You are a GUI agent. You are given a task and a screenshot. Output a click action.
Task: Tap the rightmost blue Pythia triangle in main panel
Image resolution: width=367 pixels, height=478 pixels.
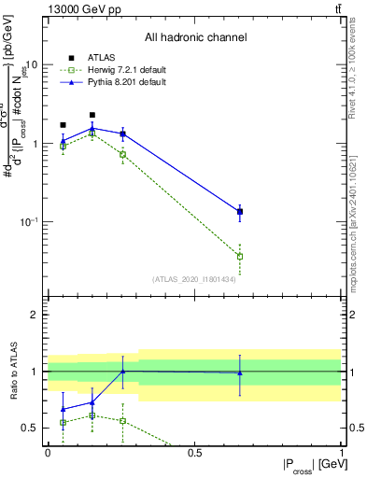coord(240,211)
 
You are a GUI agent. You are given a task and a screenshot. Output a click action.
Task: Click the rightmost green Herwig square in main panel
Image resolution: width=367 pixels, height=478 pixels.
coord(240,256)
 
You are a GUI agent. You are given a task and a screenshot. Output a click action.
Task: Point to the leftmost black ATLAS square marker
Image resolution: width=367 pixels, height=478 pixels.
coord(63,124)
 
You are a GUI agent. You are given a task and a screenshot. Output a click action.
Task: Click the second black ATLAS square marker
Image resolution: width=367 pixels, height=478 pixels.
coord(92,115)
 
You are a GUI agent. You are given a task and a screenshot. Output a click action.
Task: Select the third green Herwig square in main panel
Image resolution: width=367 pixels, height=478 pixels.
coord(122,154)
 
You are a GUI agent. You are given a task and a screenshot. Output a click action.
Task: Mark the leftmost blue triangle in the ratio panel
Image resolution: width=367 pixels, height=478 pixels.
coord(63,409)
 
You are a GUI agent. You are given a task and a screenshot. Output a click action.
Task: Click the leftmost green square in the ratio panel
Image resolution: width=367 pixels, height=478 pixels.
coord(63,422)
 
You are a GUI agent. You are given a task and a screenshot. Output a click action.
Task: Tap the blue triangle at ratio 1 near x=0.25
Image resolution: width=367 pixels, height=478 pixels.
coord(122,371)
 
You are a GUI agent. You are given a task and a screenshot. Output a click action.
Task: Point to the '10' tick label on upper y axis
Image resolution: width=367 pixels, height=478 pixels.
coord(31,65)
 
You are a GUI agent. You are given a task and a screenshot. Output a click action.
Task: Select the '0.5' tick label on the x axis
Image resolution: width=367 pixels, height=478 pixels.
coord(194,452)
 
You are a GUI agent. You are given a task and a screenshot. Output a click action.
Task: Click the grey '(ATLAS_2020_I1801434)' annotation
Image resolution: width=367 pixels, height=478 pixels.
coord(195,279)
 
